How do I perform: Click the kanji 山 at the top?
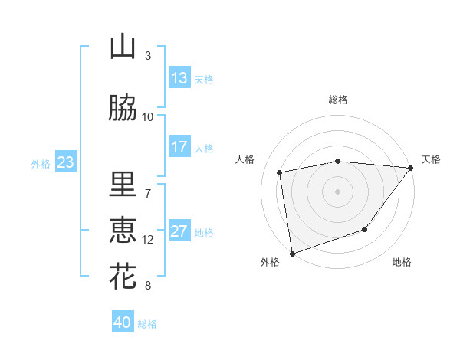(123, 47)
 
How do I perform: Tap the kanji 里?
(123, 184)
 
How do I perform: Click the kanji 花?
(123, 277)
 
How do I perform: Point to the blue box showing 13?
(179, 78)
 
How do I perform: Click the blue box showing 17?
(179, 147)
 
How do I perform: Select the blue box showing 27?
(179, 231)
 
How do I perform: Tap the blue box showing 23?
(65, 162)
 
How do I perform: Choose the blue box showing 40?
(123, 323)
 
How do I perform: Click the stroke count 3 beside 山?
(147, 56)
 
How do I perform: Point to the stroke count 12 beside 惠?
(147, 240)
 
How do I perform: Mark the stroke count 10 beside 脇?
(147, 117)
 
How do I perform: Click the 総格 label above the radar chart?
(337, 100)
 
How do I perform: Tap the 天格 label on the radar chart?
(431, 159)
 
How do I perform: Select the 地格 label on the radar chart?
(402, 263)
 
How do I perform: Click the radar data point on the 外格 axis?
(292, 253)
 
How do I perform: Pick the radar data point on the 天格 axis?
(410, 168)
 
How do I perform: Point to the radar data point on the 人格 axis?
(280, 172)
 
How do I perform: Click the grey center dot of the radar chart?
(337, 191)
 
